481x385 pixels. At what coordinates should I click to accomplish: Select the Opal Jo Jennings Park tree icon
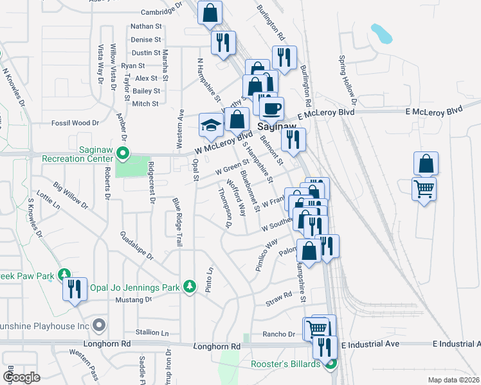tap(189, 286)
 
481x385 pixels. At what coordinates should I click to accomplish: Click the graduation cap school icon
tap(210, 126)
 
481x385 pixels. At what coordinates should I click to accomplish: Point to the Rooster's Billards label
tap(285, 364)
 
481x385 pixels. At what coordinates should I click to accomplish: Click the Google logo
tap(21, 377)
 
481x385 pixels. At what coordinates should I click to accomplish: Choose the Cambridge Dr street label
tap(158, 12)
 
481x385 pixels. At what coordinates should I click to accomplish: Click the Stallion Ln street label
tap(151, 333)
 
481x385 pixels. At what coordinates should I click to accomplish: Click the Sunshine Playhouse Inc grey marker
tap(99, 325)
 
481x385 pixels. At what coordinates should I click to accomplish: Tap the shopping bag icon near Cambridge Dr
tap(210, 12)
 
